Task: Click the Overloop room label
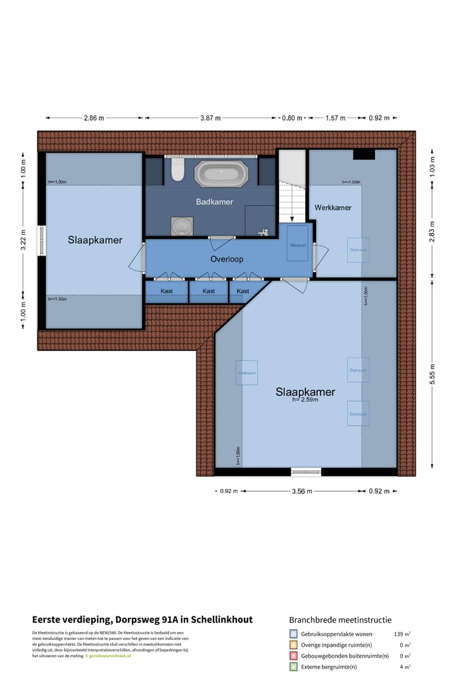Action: point(227,259)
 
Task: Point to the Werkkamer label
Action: point(332,207)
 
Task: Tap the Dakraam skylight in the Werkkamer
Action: point(358,250)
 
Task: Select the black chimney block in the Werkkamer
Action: point(364,154)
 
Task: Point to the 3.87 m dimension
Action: point(210,118)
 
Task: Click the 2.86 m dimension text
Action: point(94,118)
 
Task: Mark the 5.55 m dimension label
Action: point(433,374)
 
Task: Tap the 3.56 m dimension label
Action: point(301,491)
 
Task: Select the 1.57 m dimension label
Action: point(336,118)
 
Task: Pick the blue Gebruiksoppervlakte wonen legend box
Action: point(293,634)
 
